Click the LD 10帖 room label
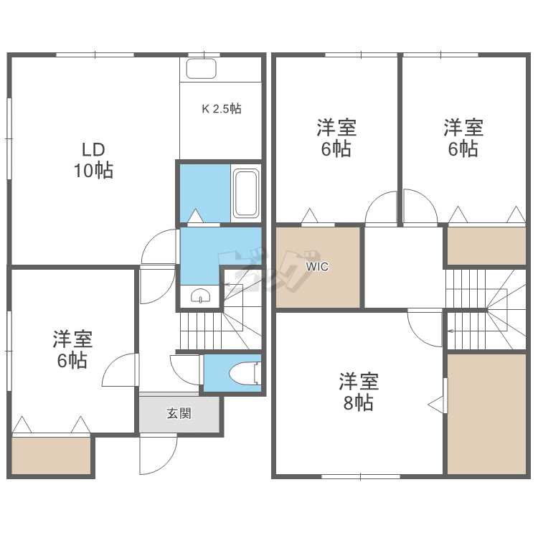coord(93,161)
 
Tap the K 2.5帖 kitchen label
coord(221,110)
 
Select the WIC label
coord(317,267)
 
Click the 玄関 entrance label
coord(179,413)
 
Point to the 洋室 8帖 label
coord(359,392)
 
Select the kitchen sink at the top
coord(202,69)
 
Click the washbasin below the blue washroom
coord(200,296)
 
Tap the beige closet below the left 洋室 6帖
coord(52,456)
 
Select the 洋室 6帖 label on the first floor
coord(72,349)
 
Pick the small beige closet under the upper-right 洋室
coord(486,246)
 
